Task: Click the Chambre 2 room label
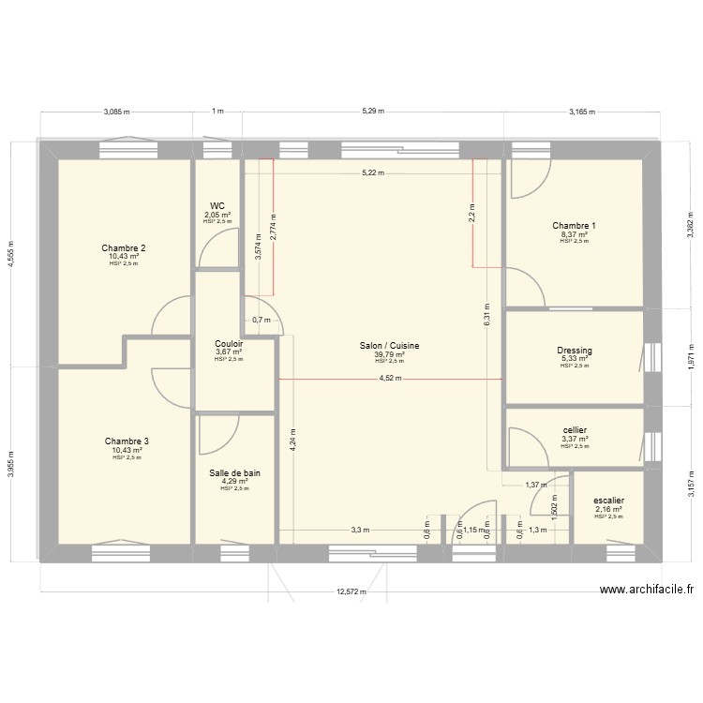click(124, 248)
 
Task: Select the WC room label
click(217, 205)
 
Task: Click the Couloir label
click(229, 343)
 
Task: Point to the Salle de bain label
click(235, 473)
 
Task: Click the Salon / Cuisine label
click(389, 346)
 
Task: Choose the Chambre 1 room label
click(574, 226)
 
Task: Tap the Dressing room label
click(575, 351)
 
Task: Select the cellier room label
click(575, 430)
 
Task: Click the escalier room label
click(608, 501)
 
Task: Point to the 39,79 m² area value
click(389, 355)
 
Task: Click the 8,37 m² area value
click(574, 234)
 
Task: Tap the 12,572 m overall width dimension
click(352, 592)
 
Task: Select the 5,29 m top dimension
click(373, 112)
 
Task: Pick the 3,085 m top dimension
click(116, 112)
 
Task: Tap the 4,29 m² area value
click(234, 482)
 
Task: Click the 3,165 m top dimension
click(582, 112)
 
